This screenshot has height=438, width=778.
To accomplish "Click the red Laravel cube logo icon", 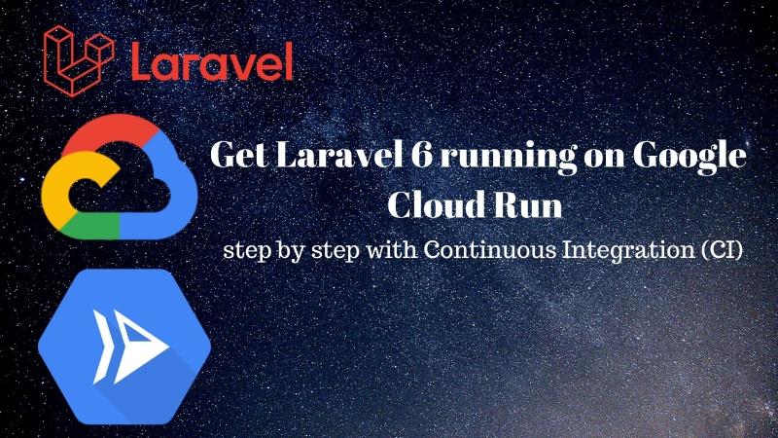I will (76, 56).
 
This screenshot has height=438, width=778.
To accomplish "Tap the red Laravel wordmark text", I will (210, 60).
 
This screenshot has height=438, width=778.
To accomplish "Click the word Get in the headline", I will (232, 157).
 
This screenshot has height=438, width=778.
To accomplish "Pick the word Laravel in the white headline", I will (321, 157).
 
